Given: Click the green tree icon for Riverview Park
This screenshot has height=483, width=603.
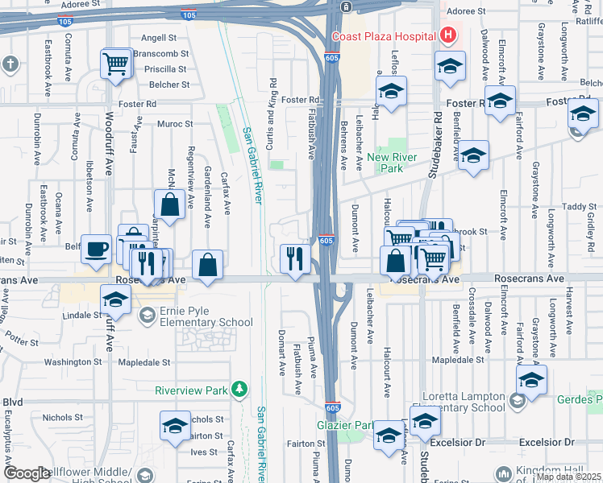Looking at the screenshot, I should [x=239, y=390].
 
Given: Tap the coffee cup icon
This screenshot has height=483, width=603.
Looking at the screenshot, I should [x=97, y=249].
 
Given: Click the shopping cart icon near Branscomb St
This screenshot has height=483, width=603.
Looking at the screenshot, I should [x=116, y=63].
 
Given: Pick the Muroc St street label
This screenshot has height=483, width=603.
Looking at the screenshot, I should [x=175, y=124].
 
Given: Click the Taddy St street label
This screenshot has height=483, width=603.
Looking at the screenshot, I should [x=579, y=207].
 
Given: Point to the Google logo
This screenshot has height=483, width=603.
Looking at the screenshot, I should [x=27, y=473].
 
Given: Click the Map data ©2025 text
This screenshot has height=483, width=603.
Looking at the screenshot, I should [x=569, y=477].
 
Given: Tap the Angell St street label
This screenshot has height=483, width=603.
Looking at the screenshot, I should [x=159, y=38].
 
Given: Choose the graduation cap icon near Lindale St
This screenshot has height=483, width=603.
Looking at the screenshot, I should [x=116, y=299].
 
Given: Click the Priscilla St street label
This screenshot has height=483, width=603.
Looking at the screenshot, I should [x=166, y=69].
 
